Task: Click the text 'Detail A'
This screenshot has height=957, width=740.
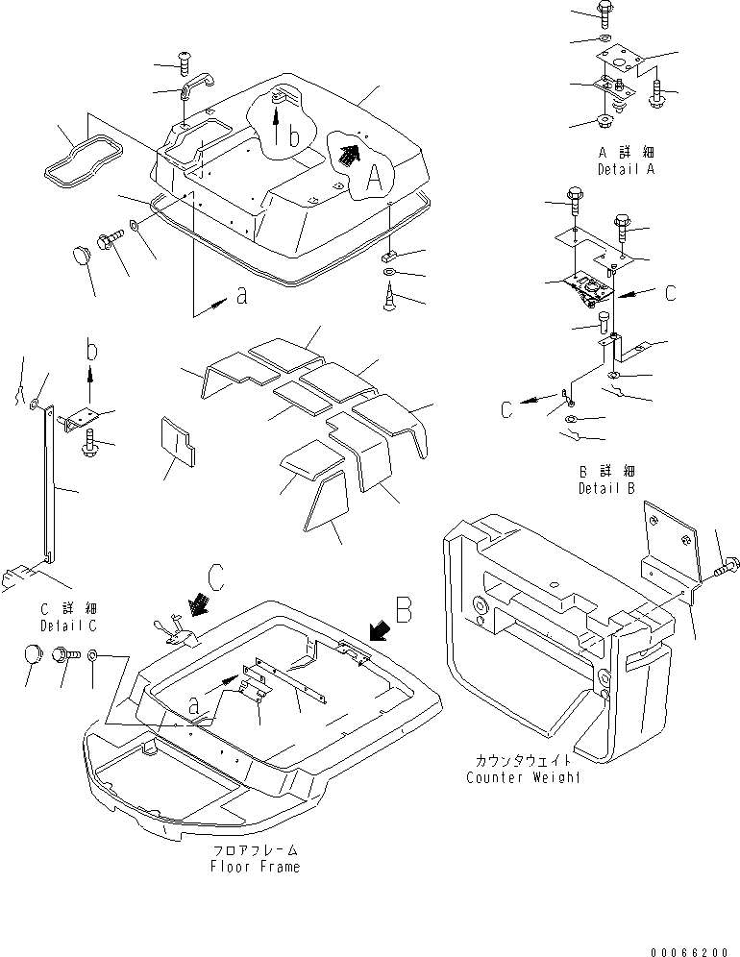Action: tap(625, 169)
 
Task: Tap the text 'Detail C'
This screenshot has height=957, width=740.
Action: tap(66, 626)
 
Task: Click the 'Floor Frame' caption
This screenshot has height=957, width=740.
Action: tap(255, 867)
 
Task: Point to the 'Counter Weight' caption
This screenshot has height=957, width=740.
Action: tap(523, 776)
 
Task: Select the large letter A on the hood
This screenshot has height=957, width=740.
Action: tap(377, 177)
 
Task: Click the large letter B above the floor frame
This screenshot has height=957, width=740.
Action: tap(405, 608)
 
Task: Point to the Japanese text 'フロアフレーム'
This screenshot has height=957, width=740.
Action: tap(255, 850)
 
